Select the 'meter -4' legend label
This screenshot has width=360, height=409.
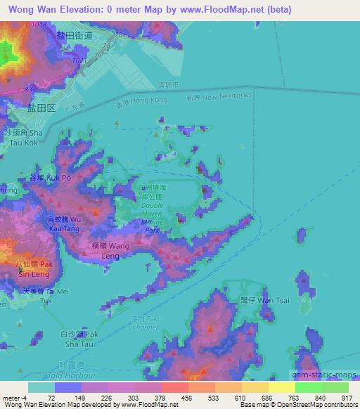(x=14, y=397)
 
